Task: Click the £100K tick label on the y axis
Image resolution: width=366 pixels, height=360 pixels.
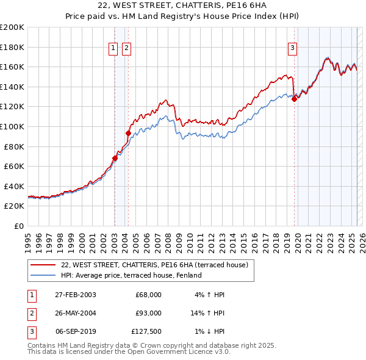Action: coord(12,126)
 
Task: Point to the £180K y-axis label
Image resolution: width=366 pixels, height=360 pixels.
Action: coord(12,47)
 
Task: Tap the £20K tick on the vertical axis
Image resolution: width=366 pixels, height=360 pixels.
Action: coord(13,206)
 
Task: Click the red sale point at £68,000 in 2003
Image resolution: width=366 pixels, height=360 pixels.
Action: coord(115,158)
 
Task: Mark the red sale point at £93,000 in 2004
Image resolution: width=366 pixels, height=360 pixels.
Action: coord(128,133)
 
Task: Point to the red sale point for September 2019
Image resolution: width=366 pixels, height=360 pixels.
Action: coord(294,99)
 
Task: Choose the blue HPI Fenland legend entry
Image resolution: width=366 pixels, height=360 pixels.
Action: coord(131,276)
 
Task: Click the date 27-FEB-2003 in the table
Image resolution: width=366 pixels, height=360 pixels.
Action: coord(75,295)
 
